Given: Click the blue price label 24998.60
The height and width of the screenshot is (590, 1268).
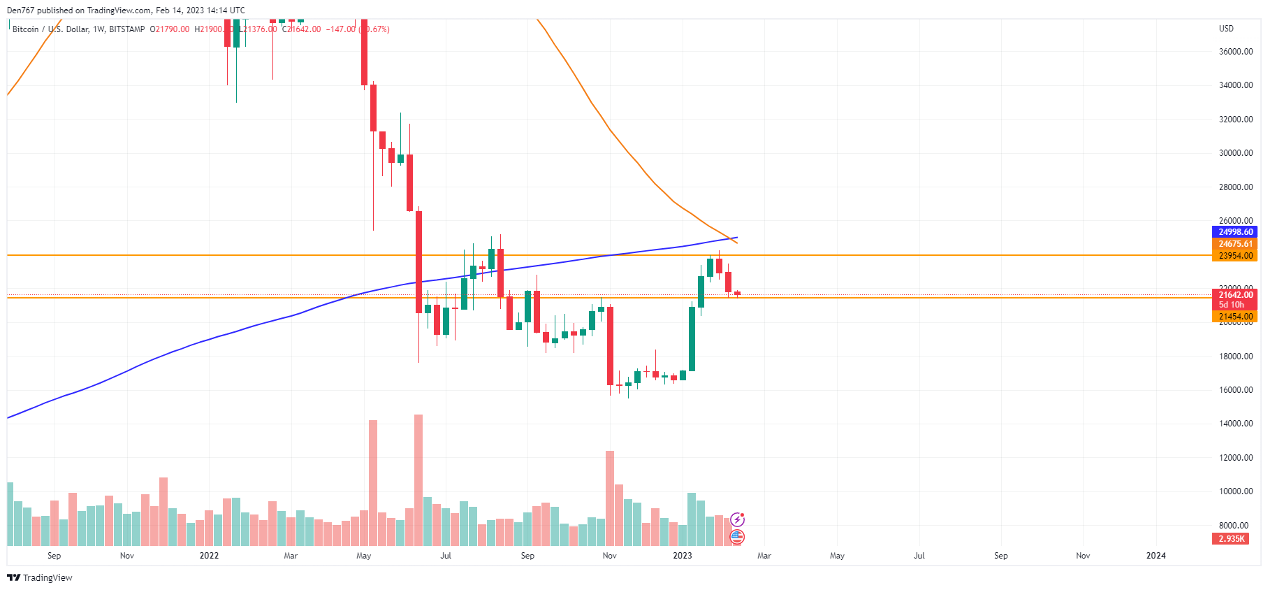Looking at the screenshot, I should pyautogui.click(x=1234, y=232).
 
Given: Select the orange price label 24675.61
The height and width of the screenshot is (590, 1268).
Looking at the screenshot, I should pyautogui.click(x=1234, y=244).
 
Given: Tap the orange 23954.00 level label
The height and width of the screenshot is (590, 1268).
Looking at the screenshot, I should pyautogui.click(x=1234, y=256).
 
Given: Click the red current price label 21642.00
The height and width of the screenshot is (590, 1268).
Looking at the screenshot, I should pyautogui.click(x=1234, y=295).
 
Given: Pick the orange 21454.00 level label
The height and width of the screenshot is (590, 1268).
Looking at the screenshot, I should pyautogui.click(x=1234, y=317).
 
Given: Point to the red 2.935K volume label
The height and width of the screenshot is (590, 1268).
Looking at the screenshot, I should pyautogui.click(x=1231, y=539).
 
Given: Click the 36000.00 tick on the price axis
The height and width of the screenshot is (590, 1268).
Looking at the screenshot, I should pyautogui.click(x=1235, y=52).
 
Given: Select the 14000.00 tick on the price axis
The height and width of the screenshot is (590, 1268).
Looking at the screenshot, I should pyautogui.click(x=1235, y=424).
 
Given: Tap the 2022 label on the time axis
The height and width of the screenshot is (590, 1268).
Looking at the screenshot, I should pyautogui.click(x=209, y=556).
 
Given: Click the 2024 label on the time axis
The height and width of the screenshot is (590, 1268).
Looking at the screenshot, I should pyautogui.click(x=1156, y=556).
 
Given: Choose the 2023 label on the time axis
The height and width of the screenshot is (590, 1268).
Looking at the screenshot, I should pyautogui.click(x=682, y=556).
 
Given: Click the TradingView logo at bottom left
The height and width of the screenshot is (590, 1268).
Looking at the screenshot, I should pyautogui.click(x=40, y=577).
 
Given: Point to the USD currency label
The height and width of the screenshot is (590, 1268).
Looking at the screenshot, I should pyautogui.click(x=1226, y=29).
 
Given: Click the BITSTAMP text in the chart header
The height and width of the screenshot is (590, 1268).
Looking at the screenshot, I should pyautogui.click(x=126, y=29).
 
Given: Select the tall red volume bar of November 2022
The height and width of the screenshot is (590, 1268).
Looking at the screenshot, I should pyautogui.click(x=610, y=498).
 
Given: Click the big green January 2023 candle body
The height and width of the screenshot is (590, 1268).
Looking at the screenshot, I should pyautogui.click(x=692, y=339).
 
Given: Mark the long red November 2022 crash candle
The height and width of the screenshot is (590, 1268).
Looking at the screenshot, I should pyautogui.click(x=610, y=345).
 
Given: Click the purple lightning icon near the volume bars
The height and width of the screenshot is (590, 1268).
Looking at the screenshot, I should pyautogui.click(x=737, y=519).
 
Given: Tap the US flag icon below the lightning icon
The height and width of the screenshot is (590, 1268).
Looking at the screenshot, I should pyautogui.click(x=737, y=537).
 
